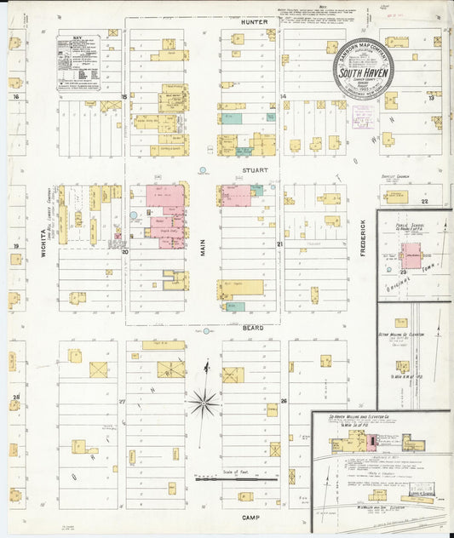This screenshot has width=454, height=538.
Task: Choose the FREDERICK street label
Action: tap(362, 239)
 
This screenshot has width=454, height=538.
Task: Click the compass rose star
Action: tap(204, 401)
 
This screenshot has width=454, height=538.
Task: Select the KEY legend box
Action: tap(78, 62)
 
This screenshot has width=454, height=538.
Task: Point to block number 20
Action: tap(124, 252)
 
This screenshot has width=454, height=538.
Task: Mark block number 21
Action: tap(279, 244)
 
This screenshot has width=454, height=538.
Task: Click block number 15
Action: tap(124, 97)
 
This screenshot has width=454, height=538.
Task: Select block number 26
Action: tap(284, 399)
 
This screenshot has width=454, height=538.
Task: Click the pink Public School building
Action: tap(411, 255)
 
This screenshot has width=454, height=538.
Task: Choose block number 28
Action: tap(15, 397)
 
